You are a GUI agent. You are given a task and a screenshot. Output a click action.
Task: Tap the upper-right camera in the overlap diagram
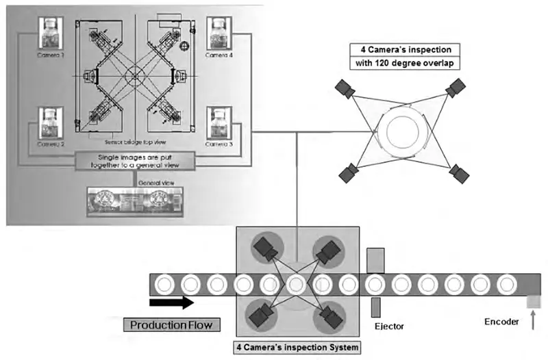[x=455, y=88]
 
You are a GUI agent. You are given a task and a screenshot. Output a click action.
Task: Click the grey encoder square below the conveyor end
[x=534, y=301]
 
